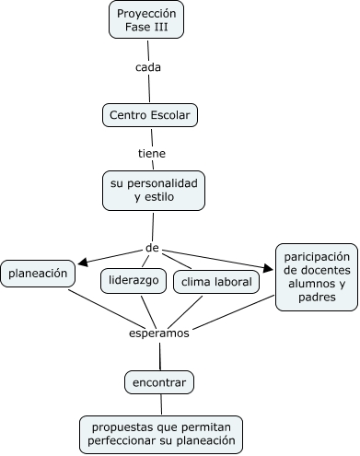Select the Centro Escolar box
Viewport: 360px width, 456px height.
pyautogui.click(x=149, y=115)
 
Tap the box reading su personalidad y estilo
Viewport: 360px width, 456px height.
pyautogui.click(x=153, y=190)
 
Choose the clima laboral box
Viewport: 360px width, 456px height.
pyautogui.click(x=216, y=282)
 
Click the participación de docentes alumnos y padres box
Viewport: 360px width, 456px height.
pyautogui.click(x=316, y=276)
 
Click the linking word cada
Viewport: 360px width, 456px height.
pyautogui.click(x=148, y=68)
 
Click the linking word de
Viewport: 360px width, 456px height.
pyautogui.click(x=153, y=248)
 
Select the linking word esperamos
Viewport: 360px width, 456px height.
pyautogui.click(x=159, y=333)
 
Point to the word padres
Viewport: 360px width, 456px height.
pyautogui.click(x=316, y=298)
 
